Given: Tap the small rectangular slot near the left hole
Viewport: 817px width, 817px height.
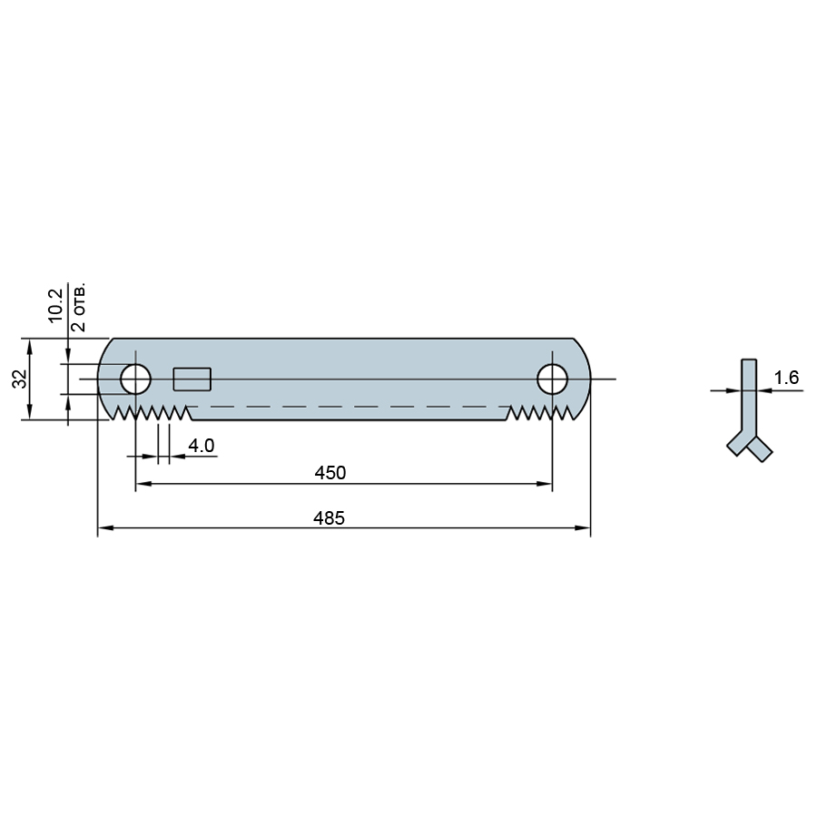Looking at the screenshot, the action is tap(192, 379).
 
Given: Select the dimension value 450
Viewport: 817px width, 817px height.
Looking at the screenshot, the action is tap(330, 473).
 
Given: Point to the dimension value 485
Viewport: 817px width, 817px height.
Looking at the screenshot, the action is tap(329, 518).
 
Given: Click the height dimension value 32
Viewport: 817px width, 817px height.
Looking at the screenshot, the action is tap(20, 379).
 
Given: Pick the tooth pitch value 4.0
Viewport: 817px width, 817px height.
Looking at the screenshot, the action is tap(202, 446).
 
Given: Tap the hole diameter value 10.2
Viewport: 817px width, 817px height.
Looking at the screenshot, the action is tap(54, 305).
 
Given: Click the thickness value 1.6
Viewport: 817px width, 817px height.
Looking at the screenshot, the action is tap(786, 378).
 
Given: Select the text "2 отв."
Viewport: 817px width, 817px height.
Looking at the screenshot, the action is tap(79, 309).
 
